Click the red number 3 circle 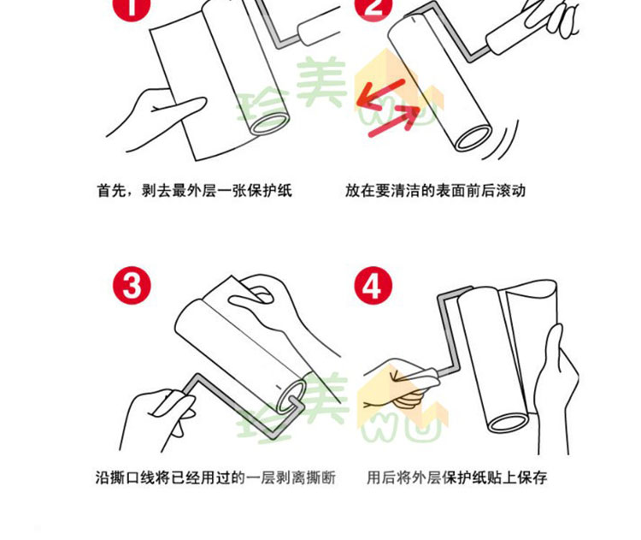[132, 285]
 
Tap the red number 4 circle [373, 285]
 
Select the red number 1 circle [132, 6]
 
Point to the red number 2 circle [373, 6]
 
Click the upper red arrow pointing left [380, 94]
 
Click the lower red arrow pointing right [395, 121]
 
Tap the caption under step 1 [194, 191]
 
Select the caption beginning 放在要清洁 [435, 191]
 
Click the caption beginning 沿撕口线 [215, 478]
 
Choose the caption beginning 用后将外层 [456, 478]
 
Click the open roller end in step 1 [270, 123]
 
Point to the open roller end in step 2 [473, 138]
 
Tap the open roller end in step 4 [509, 423]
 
